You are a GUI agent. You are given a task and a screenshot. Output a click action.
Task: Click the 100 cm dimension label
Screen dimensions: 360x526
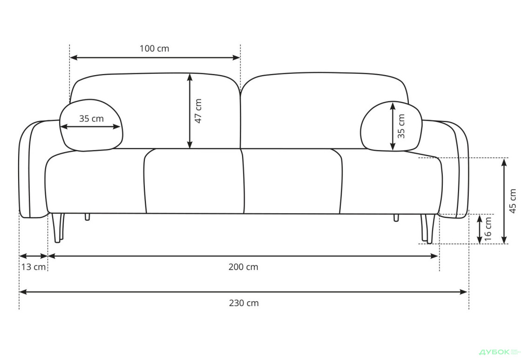[155, 48]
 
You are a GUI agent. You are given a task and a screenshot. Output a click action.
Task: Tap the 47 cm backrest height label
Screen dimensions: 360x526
[198, 111]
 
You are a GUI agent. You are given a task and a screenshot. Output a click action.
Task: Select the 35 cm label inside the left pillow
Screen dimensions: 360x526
[91, 118]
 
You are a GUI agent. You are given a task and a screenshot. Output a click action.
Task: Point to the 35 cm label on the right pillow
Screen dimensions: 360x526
[401, 126]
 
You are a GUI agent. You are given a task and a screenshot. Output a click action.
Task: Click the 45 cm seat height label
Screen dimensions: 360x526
[513, 201]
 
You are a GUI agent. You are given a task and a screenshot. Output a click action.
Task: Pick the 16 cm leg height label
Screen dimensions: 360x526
[488, 229]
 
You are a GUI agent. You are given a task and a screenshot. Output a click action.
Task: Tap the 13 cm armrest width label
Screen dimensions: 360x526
[33, 267]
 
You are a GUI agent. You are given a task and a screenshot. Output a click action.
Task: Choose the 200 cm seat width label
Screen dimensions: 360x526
[243, 267]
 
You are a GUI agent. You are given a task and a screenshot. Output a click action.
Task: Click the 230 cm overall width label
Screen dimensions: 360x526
[243, 303]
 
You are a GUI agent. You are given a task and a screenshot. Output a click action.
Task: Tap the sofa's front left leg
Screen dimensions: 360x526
[57, 228]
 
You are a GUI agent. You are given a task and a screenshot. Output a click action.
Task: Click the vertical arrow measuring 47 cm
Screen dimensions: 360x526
[189, 111]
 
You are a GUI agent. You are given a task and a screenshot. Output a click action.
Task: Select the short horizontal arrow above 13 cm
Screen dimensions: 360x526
[34, 256]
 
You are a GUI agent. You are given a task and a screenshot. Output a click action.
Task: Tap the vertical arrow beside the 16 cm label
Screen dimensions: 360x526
[479, 229]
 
